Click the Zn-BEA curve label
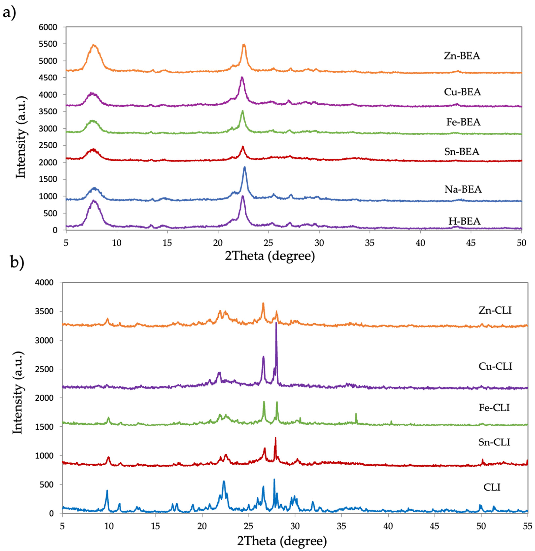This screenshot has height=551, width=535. click(462, 56)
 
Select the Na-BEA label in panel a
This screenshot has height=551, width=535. click(463, 189)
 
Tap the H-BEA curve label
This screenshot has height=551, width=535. click(464, 221)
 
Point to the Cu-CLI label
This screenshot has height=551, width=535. click(495, 366)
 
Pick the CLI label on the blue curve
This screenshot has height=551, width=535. click(492, 487)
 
